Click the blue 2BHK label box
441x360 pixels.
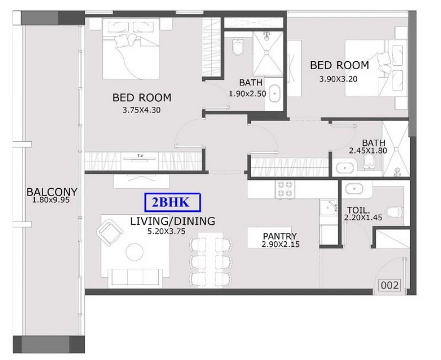173,202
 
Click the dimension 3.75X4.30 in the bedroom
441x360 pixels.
142,110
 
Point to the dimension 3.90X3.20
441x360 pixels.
339,78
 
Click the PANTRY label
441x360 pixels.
279,236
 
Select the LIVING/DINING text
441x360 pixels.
172,221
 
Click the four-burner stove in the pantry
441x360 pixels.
285,189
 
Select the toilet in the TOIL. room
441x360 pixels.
395,212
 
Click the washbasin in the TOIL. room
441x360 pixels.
352,188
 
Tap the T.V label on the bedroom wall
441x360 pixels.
140,156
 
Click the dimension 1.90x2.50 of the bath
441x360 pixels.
247,93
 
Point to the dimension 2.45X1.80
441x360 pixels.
367,151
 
